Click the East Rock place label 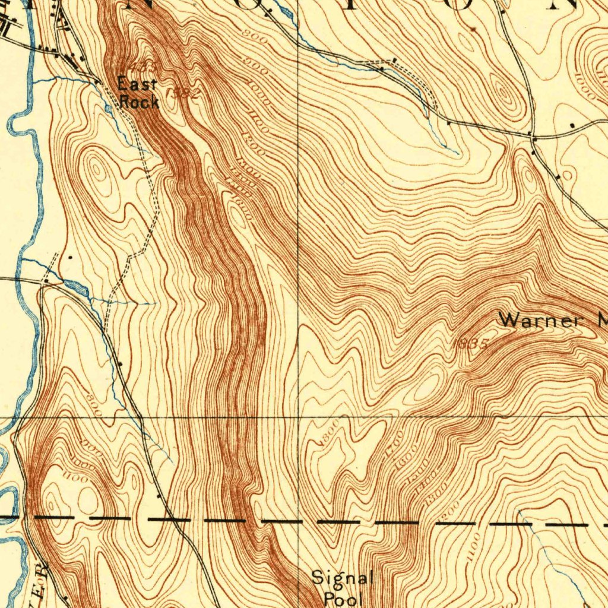point(138,93)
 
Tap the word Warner point(539,321)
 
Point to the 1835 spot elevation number point(470,344)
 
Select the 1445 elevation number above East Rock point(141,64)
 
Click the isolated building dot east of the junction point(571,126)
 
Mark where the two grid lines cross point(297,417)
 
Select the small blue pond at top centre point(283,12)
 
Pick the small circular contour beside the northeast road point(567,175)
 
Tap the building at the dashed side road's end point(395,60)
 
